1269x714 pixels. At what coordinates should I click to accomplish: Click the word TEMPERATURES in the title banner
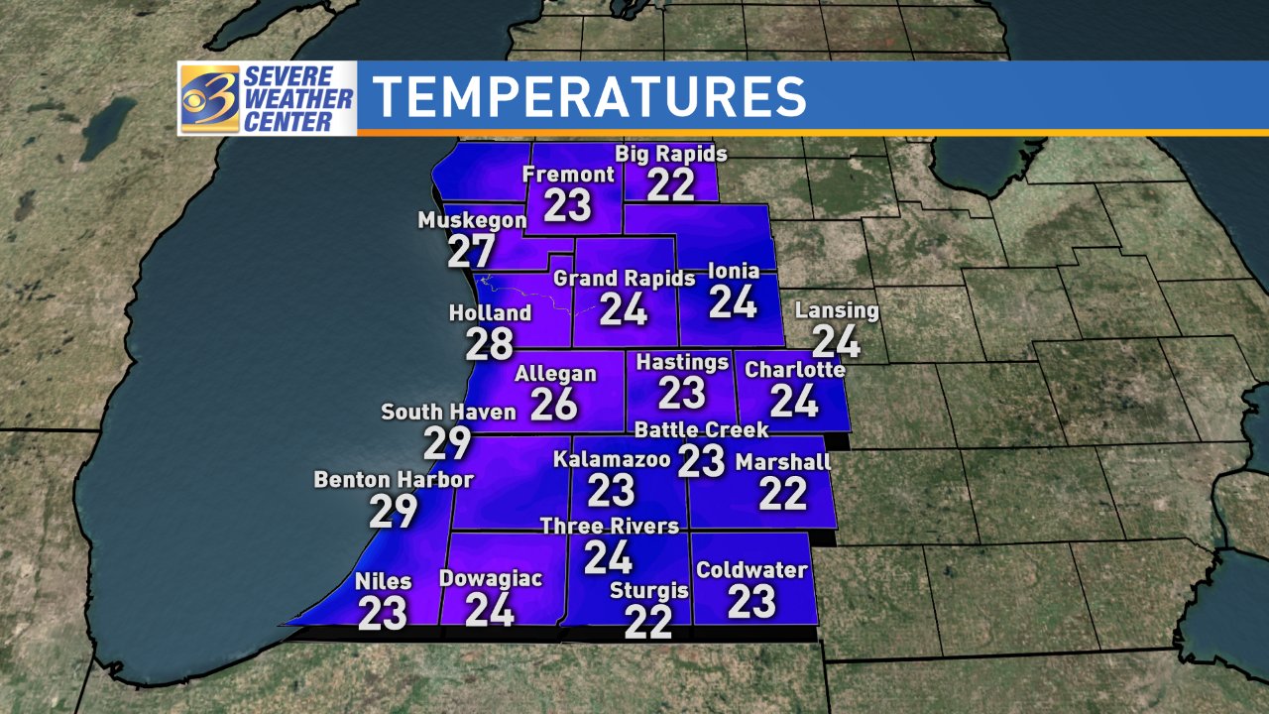pyautogui.click(x=590, y=96)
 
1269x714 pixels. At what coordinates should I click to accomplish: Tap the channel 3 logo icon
pyautogui.click(x=209, y=98)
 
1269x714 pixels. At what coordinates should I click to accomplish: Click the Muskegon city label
pyautogui.click(x=472, y=220)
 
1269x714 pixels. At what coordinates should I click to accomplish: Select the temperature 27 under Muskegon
pyautogui.click(x=471, y=251)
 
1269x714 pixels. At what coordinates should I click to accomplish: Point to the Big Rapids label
pyautogui.click(x=671, y=155)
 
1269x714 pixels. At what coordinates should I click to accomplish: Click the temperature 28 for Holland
pyautogui.click(x=490, y=343)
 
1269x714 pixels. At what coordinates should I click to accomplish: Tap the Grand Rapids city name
pyautogui.click(x=625, y=279)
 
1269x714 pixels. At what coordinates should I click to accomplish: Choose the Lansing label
pyautogui.click(x=837, y=310)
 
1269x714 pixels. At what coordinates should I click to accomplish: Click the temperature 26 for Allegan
pyautogui.click(x=554, y=403)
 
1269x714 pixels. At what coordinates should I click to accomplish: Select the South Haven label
pyautogui.click(x=449, y=412)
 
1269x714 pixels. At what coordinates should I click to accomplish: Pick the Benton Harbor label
pyautogui.click(x=394, y=480)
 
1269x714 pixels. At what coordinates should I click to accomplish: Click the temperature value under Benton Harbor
pyautogui.click(x=394, y=512)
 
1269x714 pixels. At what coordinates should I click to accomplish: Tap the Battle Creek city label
pyautogui.click(x=702, y=429)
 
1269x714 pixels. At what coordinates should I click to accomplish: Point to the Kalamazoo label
pyautogui.click(x=612, y=460)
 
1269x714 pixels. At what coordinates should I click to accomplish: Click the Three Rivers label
pyautogui.click(x=609, y=526)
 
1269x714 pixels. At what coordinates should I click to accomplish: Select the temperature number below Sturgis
pyautogui.click(x=648, y=623)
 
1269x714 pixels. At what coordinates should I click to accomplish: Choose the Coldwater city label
pyautogui.click(x=751, y=571)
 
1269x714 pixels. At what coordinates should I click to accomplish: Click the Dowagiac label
pyautogui.click(x=491, y=579)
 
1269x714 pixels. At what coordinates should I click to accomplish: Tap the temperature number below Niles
pyautogui.click(x=383, y=614)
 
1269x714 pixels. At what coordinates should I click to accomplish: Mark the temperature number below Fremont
pyautogui.click(x=568, y=205)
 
